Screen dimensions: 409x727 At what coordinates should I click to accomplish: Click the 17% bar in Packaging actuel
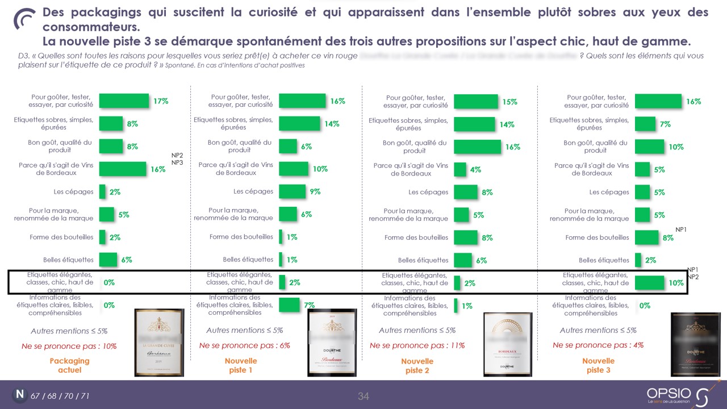(124, 101)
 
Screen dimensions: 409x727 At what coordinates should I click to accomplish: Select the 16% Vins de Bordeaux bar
(123, 169)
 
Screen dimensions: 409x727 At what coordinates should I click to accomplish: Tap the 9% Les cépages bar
(292, 191)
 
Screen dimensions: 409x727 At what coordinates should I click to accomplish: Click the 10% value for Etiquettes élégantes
(675, 283)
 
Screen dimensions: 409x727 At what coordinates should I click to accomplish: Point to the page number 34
(363, 397)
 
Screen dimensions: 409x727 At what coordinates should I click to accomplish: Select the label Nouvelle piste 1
(241, 365)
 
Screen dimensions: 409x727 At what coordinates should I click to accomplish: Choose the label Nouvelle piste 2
(417, 366)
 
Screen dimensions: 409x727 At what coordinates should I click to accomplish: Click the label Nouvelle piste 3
(598, 365)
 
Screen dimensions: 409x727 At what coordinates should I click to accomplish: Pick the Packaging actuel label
(70, 365)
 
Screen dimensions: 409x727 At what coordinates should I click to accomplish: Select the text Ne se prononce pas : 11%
(417, 345)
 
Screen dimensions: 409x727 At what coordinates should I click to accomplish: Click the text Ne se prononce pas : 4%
(598, 345)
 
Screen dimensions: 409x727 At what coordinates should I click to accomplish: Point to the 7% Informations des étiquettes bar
(289, 305)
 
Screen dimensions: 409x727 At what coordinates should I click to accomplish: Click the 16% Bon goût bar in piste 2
(477, 147)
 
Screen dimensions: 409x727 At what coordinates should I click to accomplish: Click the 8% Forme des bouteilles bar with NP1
(646, 237)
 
